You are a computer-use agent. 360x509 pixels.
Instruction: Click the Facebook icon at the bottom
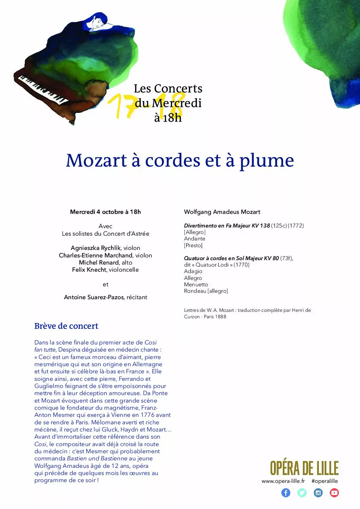point(286,493)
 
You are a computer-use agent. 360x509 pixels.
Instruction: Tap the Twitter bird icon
point(302,493)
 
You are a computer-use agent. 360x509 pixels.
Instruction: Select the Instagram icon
point(318,493)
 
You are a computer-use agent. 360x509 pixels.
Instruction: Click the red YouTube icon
point(334,493)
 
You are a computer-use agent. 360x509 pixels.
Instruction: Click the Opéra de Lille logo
point(304,468)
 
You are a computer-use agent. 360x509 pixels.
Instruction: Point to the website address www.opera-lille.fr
point(283,481)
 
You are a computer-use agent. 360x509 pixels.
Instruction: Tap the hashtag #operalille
point(325,481)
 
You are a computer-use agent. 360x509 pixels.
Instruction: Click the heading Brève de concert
point(66,326)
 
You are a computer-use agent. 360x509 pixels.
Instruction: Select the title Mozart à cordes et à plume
point(180,160)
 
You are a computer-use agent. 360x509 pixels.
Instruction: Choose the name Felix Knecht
point(89,270)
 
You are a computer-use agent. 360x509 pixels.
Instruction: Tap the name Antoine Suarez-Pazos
point(94,297)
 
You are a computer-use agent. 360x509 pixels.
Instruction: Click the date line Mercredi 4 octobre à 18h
point(105,212)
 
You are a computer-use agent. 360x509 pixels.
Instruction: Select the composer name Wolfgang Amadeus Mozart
point(222,212)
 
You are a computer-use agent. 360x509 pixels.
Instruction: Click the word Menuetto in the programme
point(196,285)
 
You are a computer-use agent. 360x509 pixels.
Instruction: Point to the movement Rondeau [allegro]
point(206,291)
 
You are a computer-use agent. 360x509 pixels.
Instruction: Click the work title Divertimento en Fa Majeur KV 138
point(227,225)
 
